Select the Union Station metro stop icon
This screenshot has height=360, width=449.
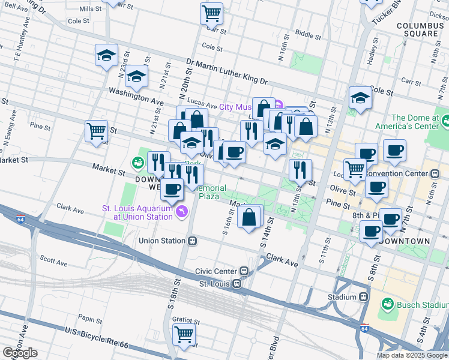pyautogui.click(x=193, y=241)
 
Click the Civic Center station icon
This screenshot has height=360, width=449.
pyautogui.click(x=244, y=271)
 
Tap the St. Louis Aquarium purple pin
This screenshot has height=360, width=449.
pyautogui.click(x=181, y=211)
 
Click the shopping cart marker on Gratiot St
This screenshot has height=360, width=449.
pyautogui.click(x=184, y=334)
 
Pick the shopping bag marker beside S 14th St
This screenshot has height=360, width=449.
pyautogui.click(x=250, y=216)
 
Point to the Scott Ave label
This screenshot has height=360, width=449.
pyautogui.click(x=53, y=259)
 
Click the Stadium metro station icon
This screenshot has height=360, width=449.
pyautogui.click(x=363, y=296)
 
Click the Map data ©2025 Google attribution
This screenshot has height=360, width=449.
pyautogui.click(x=411, y=355)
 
